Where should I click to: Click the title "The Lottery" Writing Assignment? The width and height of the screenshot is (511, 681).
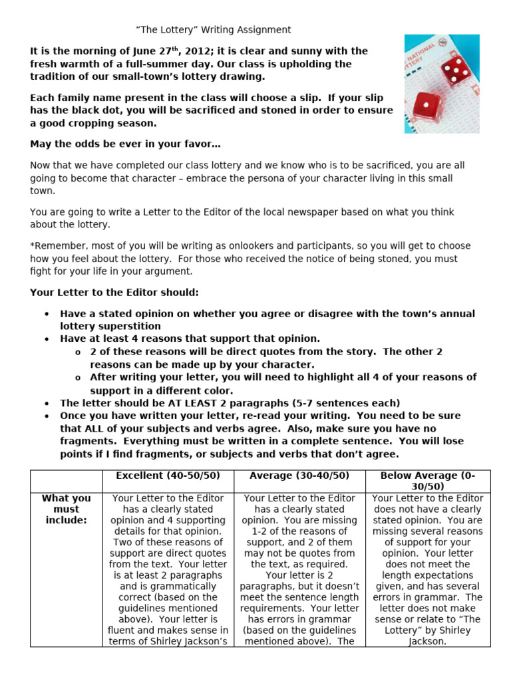[214, 30]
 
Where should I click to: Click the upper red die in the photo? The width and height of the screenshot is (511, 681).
[454, 70]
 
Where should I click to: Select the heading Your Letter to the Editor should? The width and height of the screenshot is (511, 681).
[114, 293]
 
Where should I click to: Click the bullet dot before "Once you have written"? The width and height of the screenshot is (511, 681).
[46, 416]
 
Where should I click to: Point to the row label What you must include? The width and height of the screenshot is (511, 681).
[66, 509]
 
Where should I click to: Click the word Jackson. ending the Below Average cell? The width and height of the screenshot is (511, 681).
[427, 642]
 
